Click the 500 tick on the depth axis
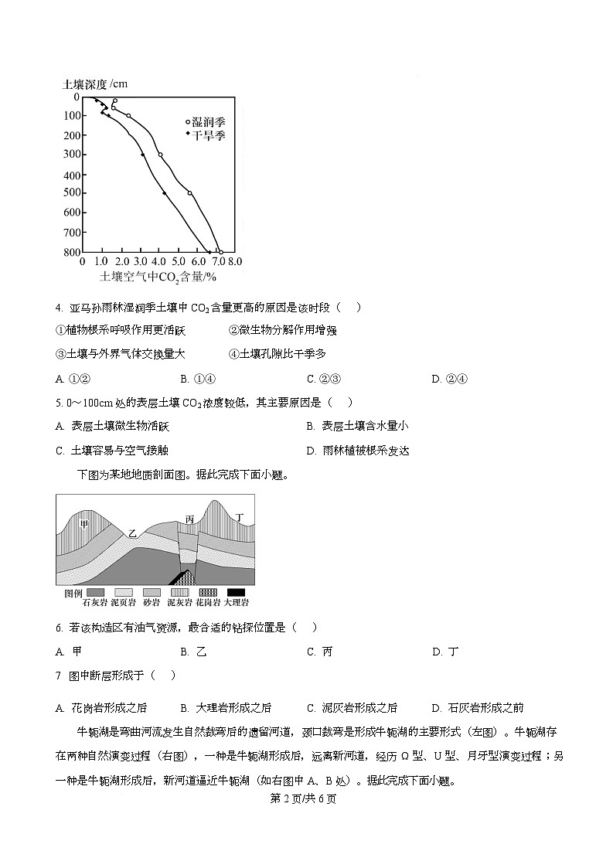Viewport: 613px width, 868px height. [70, 193]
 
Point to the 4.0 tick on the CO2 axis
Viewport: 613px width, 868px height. [159, 262]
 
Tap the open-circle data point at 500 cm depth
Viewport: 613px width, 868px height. [189, 192]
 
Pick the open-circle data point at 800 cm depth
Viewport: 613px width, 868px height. [221, 252]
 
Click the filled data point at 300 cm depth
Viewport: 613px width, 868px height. [142, 155]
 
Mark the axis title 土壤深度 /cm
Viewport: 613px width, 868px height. [94, 83]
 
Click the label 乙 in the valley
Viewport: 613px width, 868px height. [132, 533]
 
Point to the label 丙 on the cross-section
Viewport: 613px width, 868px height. [189, 519]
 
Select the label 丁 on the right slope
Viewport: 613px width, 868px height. [240, 516]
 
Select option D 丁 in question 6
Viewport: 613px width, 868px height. [445, 652]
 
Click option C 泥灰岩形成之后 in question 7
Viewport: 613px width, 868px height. [352, 707]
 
